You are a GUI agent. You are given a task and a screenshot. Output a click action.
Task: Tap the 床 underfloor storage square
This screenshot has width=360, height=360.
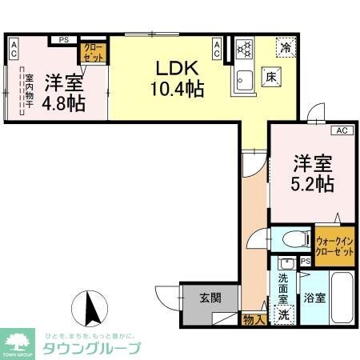(x=270, y=78)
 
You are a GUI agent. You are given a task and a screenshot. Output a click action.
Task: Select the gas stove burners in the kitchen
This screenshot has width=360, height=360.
(x=242, y=48)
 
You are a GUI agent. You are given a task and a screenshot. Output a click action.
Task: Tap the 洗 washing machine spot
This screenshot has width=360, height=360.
(x=284, y=314)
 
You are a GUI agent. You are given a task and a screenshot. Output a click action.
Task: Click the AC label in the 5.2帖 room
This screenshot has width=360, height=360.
(x=339, y=130)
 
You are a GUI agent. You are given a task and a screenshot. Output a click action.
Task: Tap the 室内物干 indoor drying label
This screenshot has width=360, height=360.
(x=29, y=91)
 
